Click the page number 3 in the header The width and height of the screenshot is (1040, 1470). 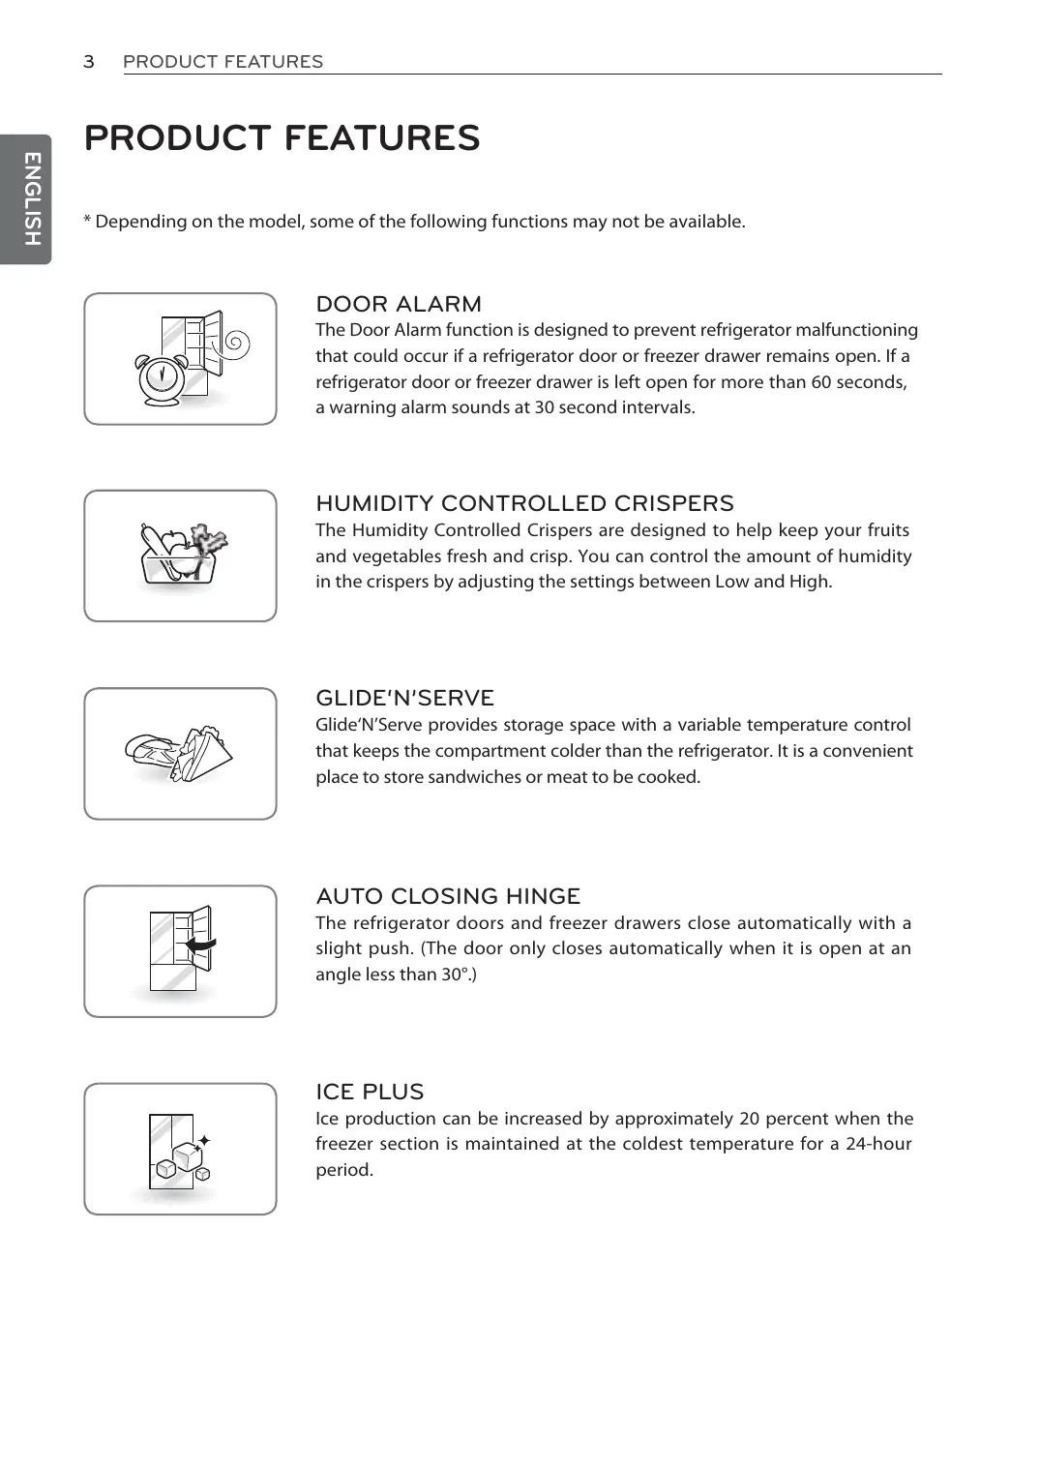[x=89, y=62]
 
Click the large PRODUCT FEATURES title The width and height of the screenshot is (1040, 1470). [x=282, y=138]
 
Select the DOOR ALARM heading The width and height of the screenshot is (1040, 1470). [x=399, y=304]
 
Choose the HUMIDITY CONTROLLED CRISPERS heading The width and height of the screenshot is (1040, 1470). [x=524, y=503]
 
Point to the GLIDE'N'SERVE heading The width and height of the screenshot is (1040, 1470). [x=404, y=698]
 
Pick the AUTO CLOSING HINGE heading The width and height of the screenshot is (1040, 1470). [x=448, y=896]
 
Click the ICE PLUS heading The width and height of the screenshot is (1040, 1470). [x=370, y=1092]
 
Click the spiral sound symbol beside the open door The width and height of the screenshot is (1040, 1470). [x=235, y=344]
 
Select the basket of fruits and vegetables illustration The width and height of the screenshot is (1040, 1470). [x=182, y=555]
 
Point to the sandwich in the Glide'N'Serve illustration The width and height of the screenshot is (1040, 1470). [x=202, y=752]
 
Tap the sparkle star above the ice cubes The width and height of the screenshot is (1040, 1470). [x=203, y=1142]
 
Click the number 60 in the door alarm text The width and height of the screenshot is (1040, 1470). [x=821, y=382]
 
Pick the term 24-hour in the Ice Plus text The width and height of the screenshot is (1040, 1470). [x=878, y=1144]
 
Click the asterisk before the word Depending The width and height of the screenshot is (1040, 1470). [x=87, y=221]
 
